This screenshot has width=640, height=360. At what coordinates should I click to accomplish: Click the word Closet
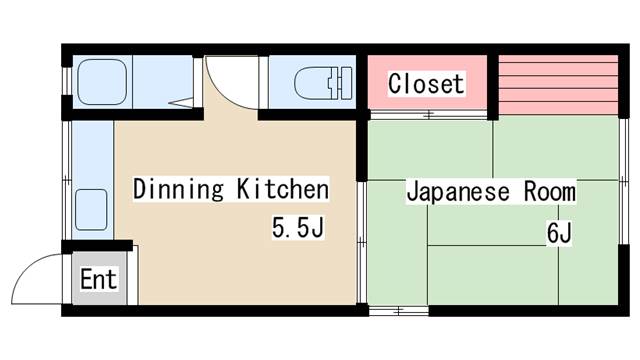[x=426, y=84]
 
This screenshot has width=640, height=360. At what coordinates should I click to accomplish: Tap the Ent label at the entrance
[x=98, y=279]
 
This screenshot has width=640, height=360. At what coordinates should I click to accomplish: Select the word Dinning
[x=178, y=189]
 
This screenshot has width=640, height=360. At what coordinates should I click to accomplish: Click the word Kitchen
[x=282, y=189]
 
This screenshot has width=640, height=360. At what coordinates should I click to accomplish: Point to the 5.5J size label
[x=298, y=227]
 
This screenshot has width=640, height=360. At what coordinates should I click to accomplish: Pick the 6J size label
[x=559, y=233]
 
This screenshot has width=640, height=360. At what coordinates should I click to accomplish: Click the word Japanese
[x=458, y=192]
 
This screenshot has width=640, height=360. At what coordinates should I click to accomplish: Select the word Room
[x=549, y=191]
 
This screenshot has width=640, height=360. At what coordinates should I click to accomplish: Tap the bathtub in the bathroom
[x=102, y=82]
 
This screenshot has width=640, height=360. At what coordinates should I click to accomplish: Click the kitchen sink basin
[x=91, y=209]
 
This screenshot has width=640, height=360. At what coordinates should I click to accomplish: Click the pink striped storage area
[x=558, y=84]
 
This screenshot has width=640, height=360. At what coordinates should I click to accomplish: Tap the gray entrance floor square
[x=99, y=278]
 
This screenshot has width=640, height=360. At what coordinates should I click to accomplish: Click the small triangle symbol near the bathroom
[x=181, y=103]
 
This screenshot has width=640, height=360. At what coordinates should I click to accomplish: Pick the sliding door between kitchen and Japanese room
[x=362, y=242]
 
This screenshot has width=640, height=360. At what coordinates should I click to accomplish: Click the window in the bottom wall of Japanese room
[x=398, y=311]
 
